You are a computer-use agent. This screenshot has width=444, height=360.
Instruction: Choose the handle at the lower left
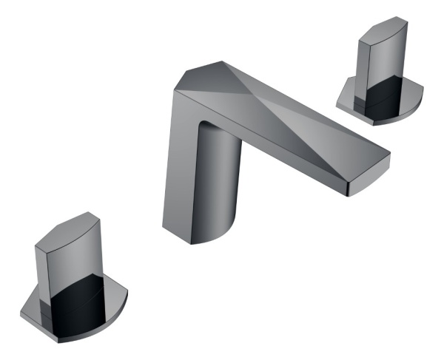pos(70,277)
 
